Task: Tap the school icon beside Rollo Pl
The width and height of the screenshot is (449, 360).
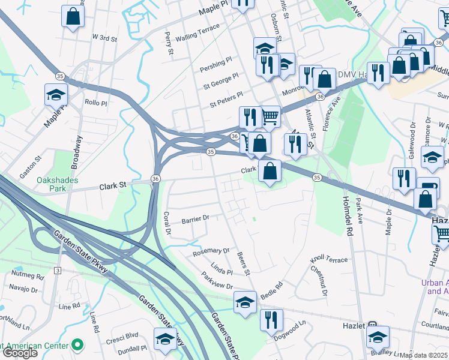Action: coord(56,94)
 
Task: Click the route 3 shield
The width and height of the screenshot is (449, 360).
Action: coord(57,271)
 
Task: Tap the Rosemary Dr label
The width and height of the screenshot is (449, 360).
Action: coord(211,252)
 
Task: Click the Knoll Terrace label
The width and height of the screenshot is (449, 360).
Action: coord(328,260)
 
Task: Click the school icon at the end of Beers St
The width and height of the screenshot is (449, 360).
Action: coord(246,302)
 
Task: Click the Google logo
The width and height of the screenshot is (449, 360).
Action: coord(19,353)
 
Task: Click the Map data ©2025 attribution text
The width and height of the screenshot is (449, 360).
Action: coord(423,355)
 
